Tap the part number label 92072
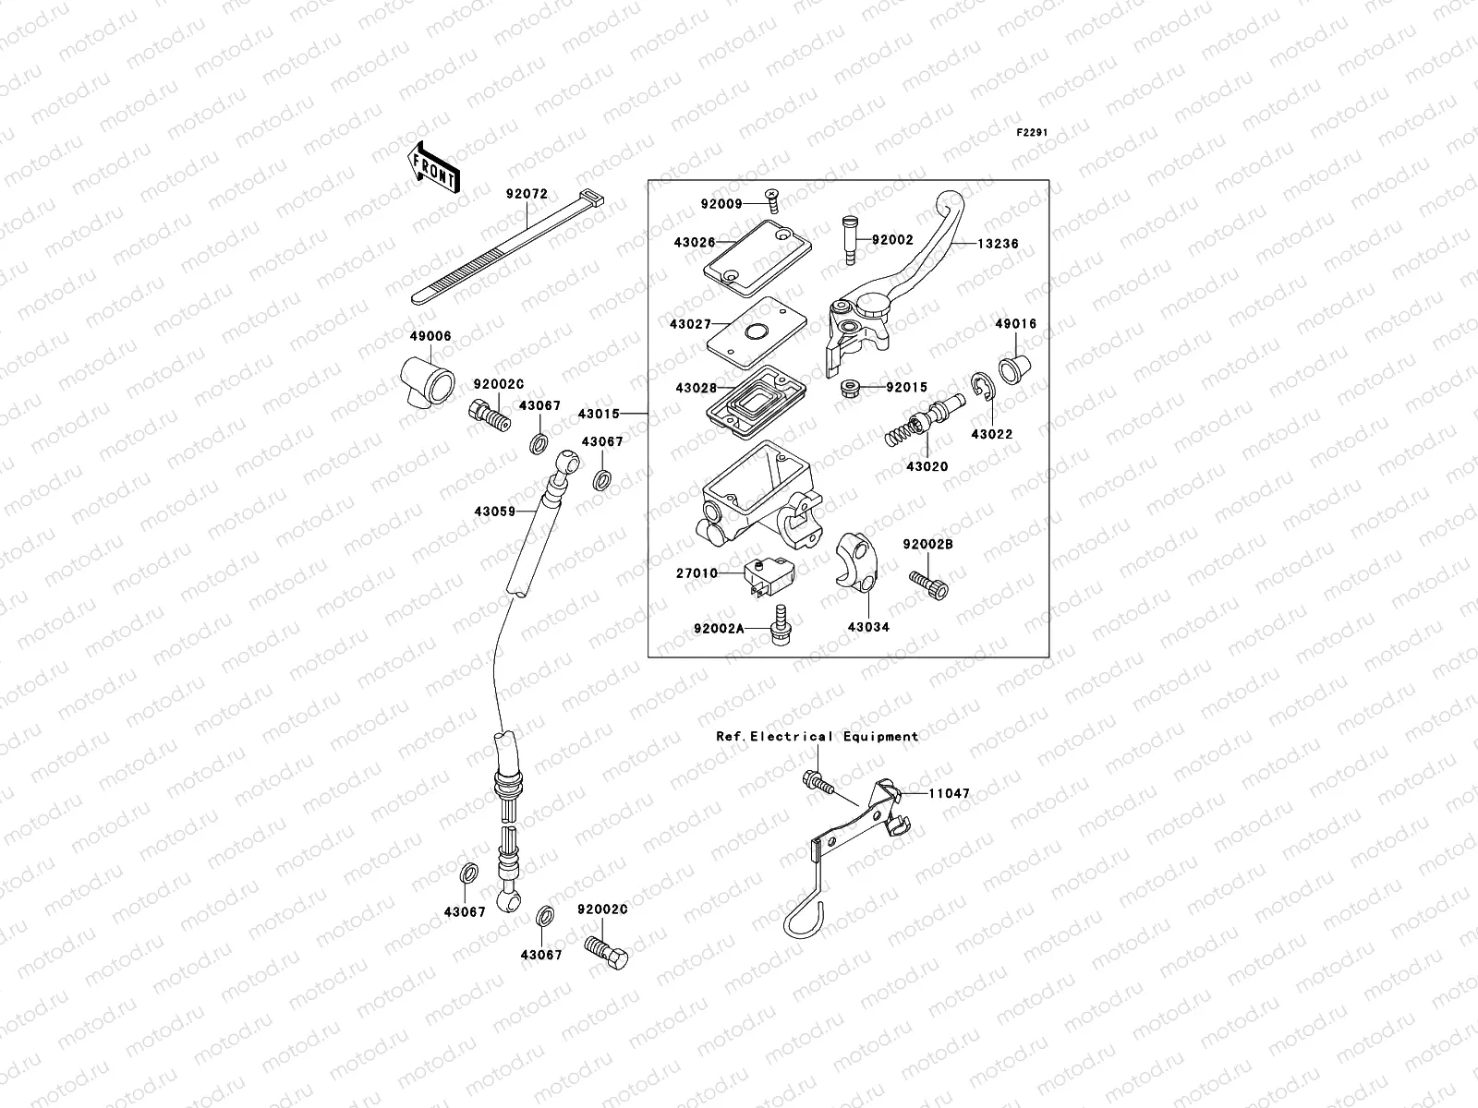[x=527, y=195]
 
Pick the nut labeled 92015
[x=851, y=389]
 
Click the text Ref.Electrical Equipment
[x=818, y=736]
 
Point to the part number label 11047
[x=950, y=793]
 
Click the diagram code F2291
[x=1034, y=133]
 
